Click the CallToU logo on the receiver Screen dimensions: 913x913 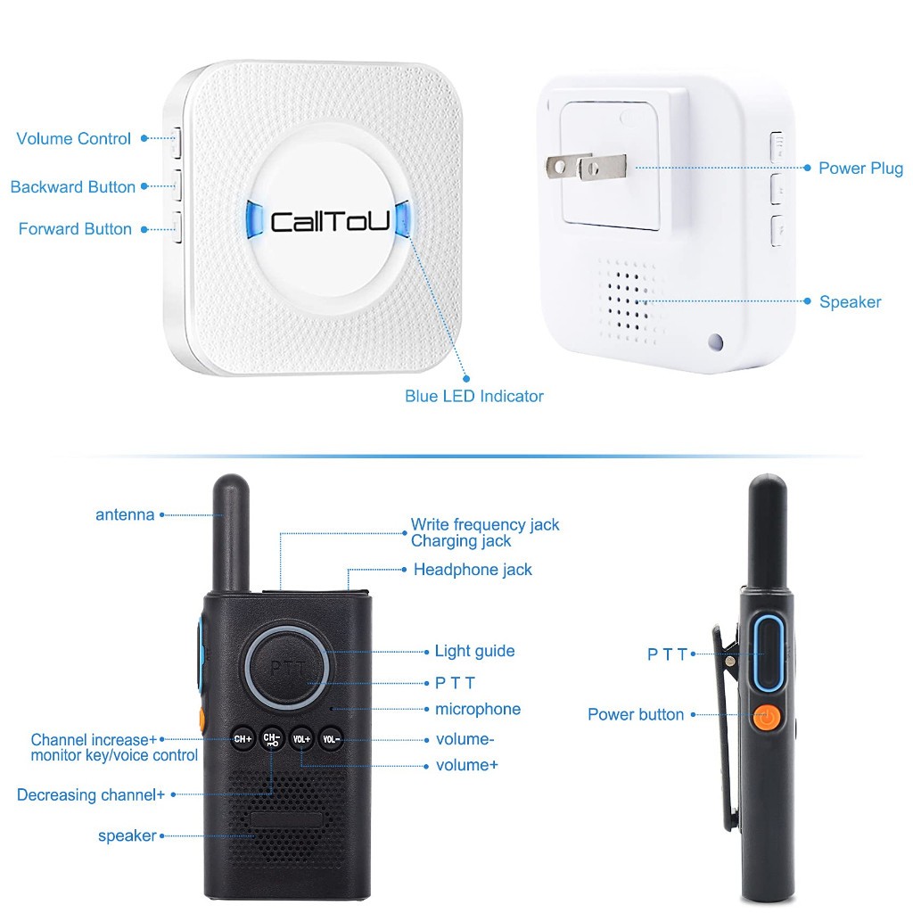tap(330, 222)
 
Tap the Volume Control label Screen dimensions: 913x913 tap(73, 138)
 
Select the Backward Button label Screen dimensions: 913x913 tap(73, 187)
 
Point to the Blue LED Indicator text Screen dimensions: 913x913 tap(474, 396)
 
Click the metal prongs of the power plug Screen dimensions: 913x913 tap(586, 167)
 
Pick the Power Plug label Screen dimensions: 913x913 tap(860, 169)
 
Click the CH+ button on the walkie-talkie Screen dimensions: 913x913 tap(243, 739)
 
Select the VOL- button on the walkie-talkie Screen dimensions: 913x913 tap(331, 739)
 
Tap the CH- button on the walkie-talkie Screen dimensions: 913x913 tap(272, 739)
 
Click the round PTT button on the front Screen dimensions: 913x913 tap(288, 667)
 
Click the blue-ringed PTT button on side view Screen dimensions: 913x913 tap(769, 654)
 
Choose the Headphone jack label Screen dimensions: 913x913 tap(473, 570)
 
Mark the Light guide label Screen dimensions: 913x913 tap(474, 651)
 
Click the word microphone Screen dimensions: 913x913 tap(478, 709)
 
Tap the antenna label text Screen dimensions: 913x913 tap(125, 514)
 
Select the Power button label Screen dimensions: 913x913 tap(636, 714)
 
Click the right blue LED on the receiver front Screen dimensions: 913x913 tap(403, 219)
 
